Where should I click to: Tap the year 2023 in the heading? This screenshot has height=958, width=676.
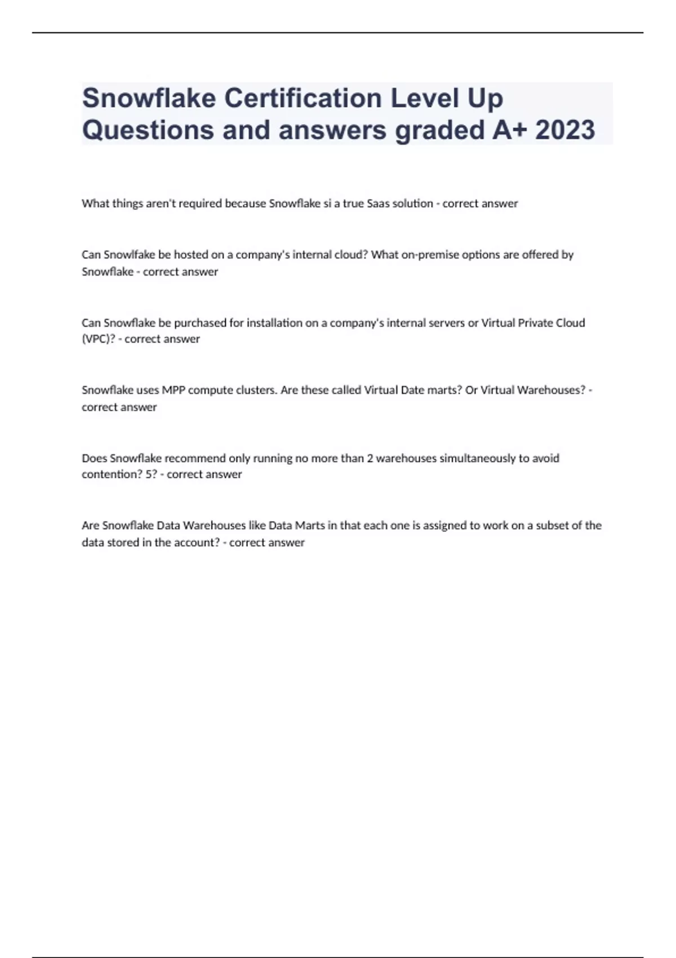click(x=564, y=130)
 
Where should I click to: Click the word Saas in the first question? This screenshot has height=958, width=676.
click(x=378, y=203)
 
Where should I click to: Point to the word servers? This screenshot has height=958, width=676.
click(x=445, y=323)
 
